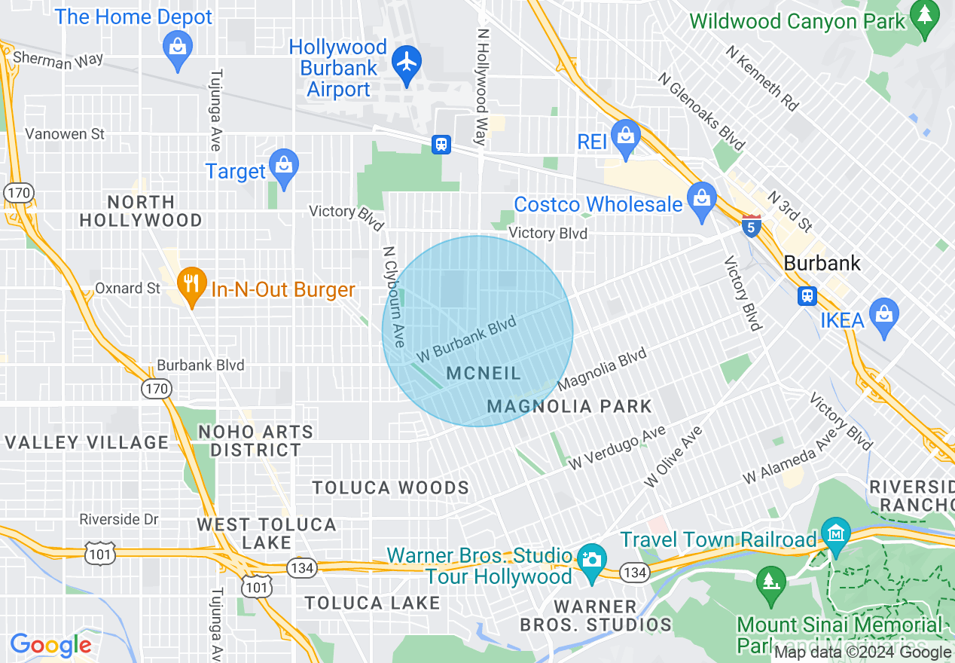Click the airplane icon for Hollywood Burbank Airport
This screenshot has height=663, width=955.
tap(407, 62)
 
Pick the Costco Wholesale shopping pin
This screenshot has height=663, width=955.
tap(702, 199)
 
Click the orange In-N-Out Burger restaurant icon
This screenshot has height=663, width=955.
tap(192, 285)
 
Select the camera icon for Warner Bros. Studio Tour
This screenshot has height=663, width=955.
tap(592, 560)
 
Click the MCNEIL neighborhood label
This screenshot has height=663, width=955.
tap(484, 373)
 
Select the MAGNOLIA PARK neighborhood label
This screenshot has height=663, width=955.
tap(569, 406)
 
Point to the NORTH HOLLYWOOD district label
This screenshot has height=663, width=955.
tap(141, 212)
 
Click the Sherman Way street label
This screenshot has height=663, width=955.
tap(58, 60)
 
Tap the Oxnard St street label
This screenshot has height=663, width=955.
tap(127, 288)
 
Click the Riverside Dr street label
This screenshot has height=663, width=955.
tap(119, 519)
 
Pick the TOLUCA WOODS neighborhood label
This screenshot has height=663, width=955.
tap(391, 487)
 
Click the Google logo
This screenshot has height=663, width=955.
tap(50, 646)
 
